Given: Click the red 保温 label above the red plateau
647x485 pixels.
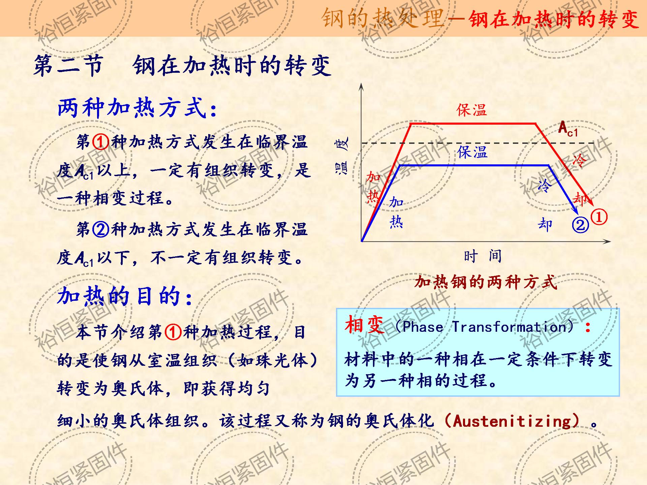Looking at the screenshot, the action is tap(471, 110).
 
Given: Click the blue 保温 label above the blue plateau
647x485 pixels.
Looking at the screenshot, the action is tap(472, 152).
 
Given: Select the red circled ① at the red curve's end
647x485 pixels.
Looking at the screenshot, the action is tap(599, 217).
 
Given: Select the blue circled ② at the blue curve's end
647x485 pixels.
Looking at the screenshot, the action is tap(580, 225).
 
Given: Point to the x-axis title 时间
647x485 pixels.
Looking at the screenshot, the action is tap(483, 257).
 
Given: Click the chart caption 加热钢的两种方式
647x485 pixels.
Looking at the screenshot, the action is tap(486, 282).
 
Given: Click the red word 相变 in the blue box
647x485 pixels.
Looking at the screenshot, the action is tap(364, 325).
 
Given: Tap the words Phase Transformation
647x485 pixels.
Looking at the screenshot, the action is tap(485, 327).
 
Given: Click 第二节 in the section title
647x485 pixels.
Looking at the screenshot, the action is tap(68, 65).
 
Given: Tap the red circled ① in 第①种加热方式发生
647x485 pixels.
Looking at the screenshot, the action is tap(101, 142).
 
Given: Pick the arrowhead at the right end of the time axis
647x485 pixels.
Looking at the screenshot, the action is tap(607, 241).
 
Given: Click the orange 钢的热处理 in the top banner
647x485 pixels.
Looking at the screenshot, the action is tap(382, 18).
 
